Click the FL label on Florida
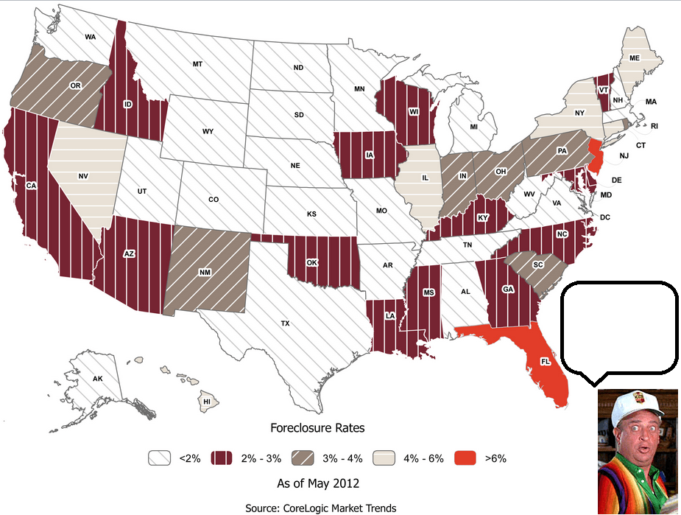coord(545,362)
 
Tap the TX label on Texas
coord(285,323)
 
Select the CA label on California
coord(31,186)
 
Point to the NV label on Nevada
coord(83,177)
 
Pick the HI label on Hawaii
coord(208,401)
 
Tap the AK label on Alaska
coord(98,378)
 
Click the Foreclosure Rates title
coord(317,428)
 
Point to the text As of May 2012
coord(318,483)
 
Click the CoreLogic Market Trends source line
coord(321,508)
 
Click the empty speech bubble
coord(618,328)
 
